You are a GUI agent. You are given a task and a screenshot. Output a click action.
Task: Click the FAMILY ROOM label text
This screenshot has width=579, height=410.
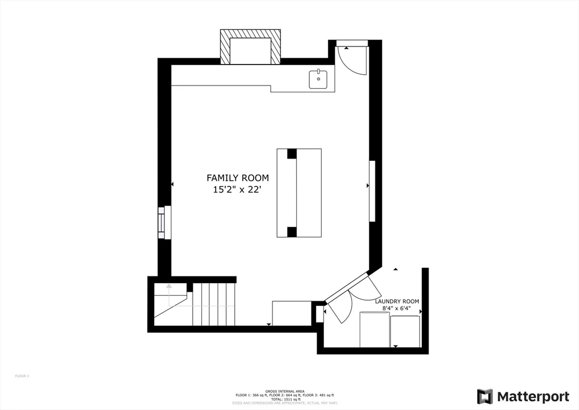[237, 178]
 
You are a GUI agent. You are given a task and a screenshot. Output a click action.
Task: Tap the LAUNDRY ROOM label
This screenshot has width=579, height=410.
[397, 301]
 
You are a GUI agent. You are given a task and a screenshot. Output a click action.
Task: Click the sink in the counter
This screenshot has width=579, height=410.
[318, 80]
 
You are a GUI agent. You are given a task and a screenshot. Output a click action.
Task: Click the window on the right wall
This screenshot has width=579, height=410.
[372, 191]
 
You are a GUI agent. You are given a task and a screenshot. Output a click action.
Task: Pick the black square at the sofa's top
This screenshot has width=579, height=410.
[291, 153]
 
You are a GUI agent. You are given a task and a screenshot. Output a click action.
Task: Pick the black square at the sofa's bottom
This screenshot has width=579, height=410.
[291, 232]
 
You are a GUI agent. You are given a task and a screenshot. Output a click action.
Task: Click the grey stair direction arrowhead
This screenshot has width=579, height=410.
[168, 287]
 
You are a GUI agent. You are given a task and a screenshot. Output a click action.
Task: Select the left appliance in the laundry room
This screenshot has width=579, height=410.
[374, 329]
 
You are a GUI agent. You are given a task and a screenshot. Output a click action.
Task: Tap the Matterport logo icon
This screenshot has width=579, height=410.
[485, 396]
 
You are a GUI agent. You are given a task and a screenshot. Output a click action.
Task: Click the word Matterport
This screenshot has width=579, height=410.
[525, 396]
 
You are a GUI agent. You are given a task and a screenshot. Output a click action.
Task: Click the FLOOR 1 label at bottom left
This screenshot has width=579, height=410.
[21, 376]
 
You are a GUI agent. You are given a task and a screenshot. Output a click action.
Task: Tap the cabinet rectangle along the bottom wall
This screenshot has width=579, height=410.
[292, 313]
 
